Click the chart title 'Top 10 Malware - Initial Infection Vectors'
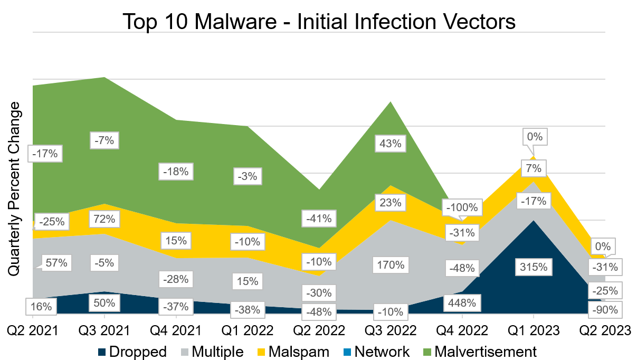pos(319,22)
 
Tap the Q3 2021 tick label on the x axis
pos(104,330)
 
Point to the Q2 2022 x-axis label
pos(319,330)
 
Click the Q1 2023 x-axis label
pos(534,330)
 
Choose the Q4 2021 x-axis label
pos(176,330)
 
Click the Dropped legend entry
pos(132,352)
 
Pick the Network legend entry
pos(376,352)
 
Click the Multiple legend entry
pos(213,352)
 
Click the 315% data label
pos(534,267)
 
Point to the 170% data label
pos(391,264)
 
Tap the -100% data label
pos(463,207)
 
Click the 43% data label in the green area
pos(391,143)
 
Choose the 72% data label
pos(104,219)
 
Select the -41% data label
pos(319,218)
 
